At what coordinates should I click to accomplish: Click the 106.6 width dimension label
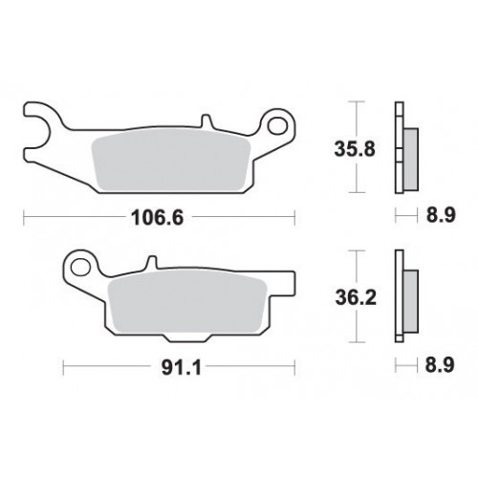158,218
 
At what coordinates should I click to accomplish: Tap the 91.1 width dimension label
182,368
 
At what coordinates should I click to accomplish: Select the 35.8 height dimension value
355,149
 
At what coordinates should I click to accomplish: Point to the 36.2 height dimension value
356,298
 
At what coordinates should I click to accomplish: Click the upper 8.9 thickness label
441,215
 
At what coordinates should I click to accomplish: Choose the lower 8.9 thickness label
440,364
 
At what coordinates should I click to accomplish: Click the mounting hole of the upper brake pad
277,125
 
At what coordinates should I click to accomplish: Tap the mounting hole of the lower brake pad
80,267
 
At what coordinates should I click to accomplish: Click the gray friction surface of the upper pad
170,161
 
